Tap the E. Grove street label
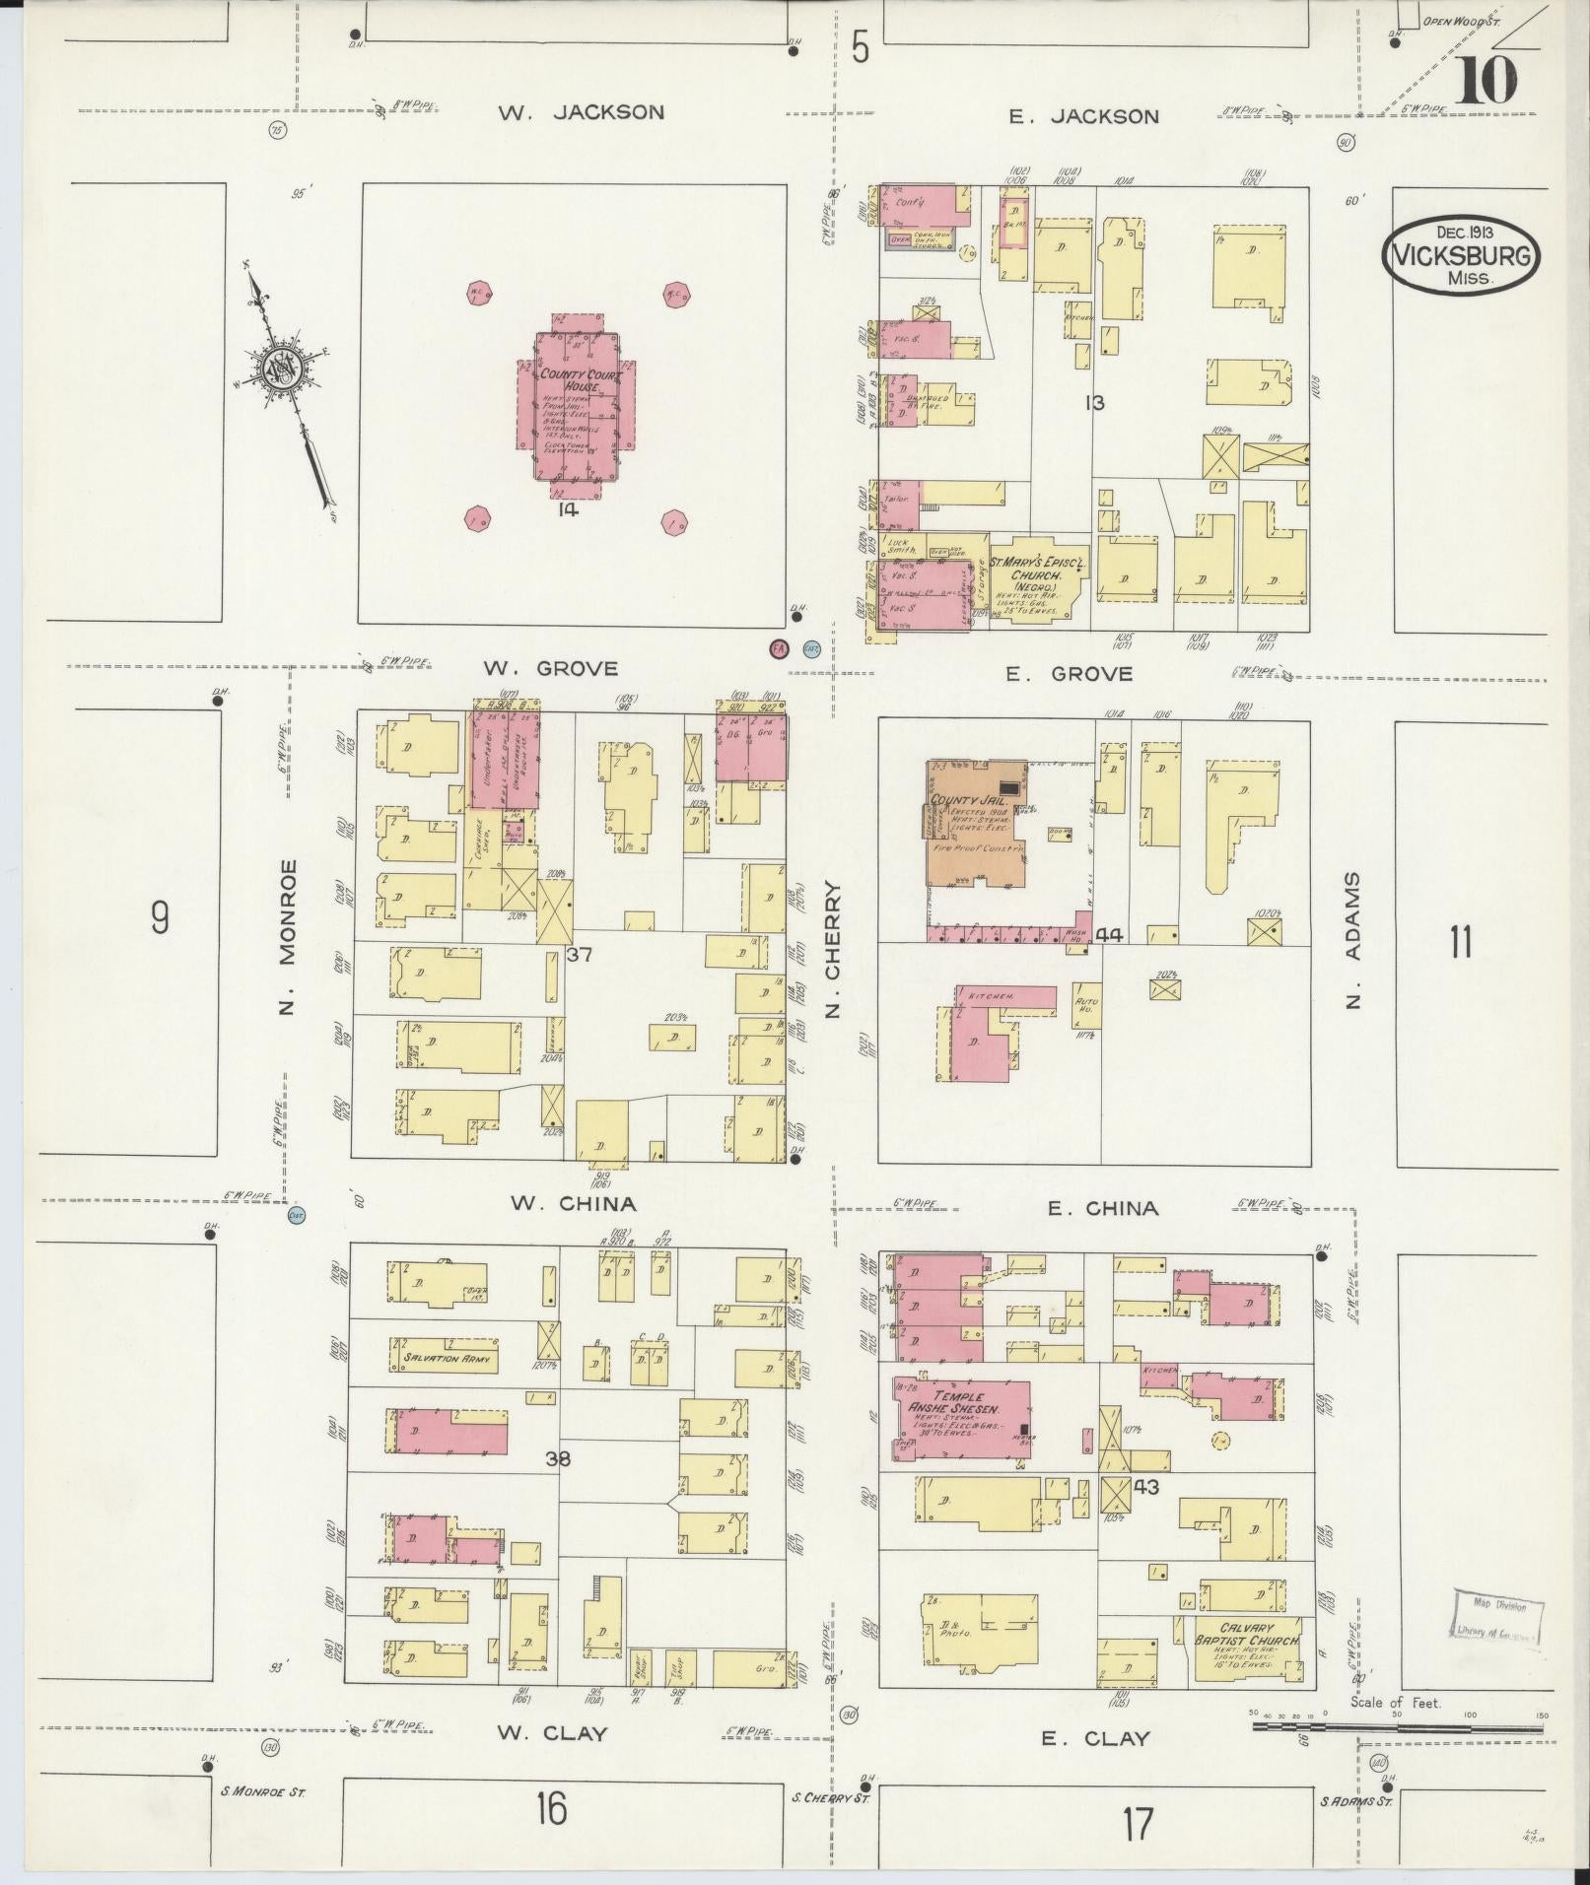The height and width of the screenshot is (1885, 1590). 1069,674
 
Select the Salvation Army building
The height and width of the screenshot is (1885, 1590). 446,1358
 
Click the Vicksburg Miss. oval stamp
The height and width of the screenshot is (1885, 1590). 1462,255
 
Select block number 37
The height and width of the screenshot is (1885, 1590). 579,954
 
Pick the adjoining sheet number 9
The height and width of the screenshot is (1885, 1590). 159,918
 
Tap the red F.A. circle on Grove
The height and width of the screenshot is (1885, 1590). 779,648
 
